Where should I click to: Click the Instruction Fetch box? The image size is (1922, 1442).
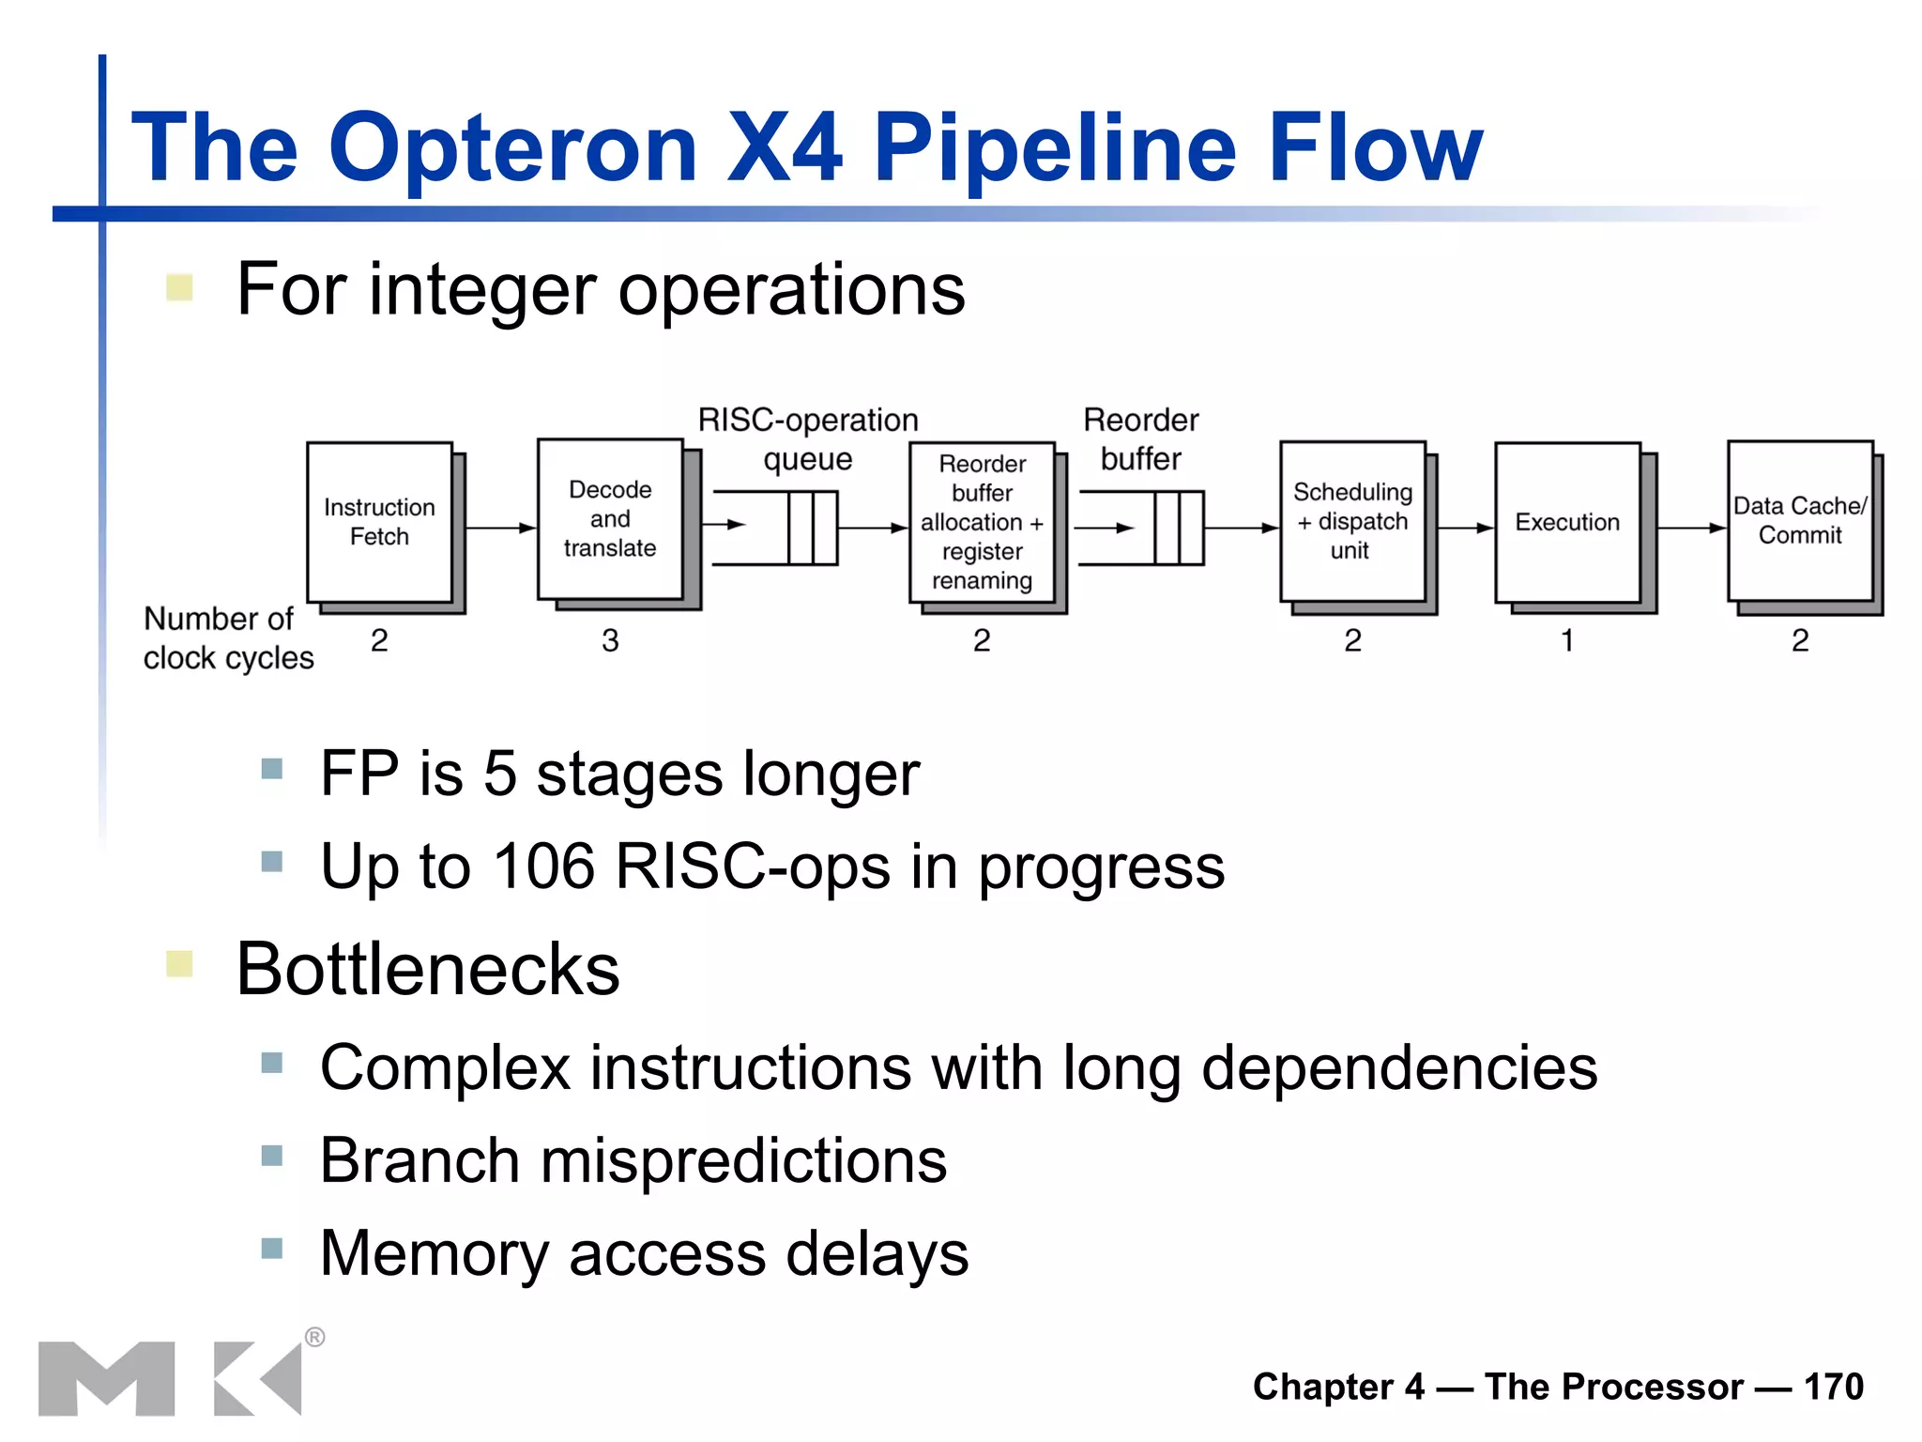click(380, 523)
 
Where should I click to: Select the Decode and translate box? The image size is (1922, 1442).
click(610, 519)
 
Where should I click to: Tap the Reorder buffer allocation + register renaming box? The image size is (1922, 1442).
click(983, 523)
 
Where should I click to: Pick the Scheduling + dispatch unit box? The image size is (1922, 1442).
click(1352, 522)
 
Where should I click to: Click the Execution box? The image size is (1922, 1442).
click(1567, 523)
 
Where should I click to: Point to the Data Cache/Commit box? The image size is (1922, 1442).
click(1800, 521)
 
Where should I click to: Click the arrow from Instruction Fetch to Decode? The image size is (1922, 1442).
click(499, 529)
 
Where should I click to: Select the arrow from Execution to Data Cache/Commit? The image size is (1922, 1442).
click(1691, 529)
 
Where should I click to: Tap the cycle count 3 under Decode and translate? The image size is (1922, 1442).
click(610, 641)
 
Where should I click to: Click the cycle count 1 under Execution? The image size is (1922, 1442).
click(1566, 641)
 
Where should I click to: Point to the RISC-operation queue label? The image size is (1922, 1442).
click(808, 438)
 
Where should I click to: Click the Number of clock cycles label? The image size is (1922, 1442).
click(227, 638)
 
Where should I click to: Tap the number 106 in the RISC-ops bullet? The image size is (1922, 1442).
click(544, 866)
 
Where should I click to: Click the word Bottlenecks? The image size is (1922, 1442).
click(428, 970)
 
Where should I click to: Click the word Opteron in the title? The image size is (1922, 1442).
click(512, 147)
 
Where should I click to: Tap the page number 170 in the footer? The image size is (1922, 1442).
click(1834, 1387)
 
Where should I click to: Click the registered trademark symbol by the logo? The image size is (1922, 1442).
click(315, 1337)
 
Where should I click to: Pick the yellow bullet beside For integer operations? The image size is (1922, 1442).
click(179, 287)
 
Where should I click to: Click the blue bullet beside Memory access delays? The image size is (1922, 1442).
click(272, 1249)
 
